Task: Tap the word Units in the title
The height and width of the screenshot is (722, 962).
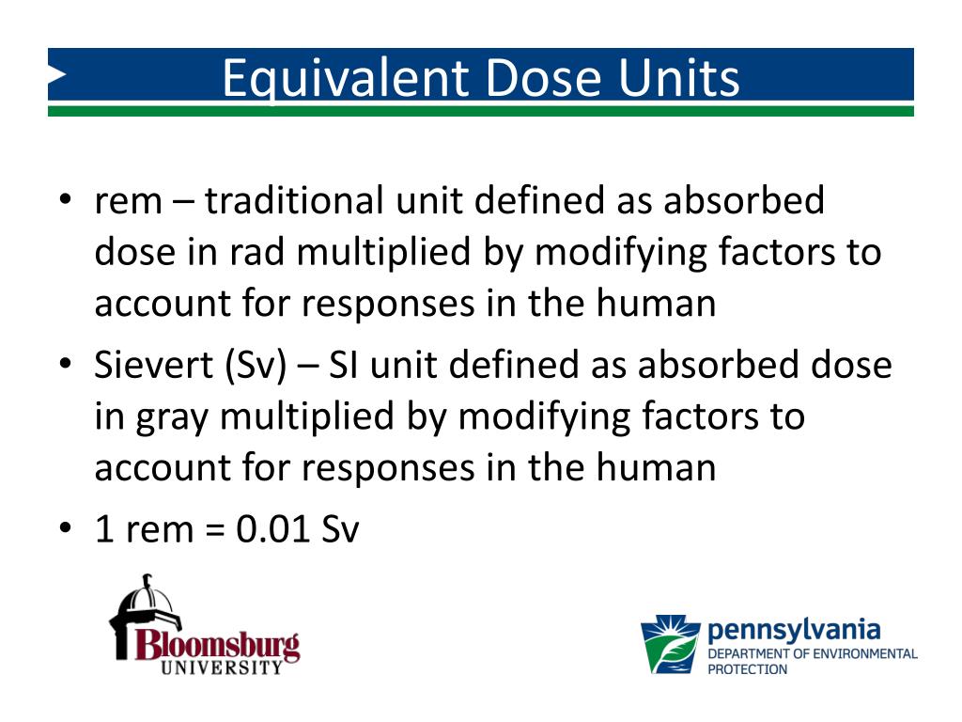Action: click(x=678, y=79)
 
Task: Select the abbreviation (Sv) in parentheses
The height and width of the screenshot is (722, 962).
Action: click(x=255, y=366)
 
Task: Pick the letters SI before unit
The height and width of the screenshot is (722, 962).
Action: click(x=345, y=365)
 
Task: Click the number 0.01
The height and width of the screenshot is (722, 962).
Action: click(x=273, y=529)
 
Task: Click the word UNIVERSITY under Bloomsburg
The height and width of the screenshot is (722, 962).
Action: click(x=222, y=668)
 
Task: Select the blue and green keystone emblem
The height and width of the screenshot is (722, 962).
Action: click(x=670, y=644)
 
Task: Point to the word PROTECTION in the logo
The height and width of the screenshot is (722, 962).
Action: click(x=747, y=669)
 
